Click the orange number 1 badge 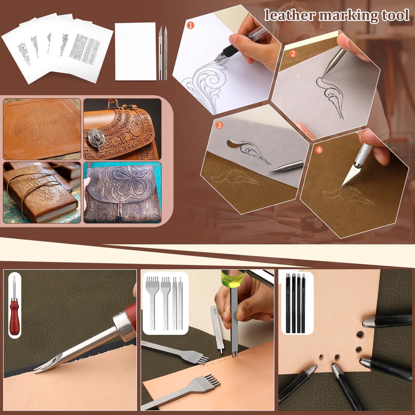click(190, 25)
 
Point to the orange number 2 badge click(293, 53)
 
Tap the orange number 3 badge click(219, 125)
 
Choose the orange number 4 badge click(319, 150)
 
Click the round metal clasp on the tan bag click(96, 137)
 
